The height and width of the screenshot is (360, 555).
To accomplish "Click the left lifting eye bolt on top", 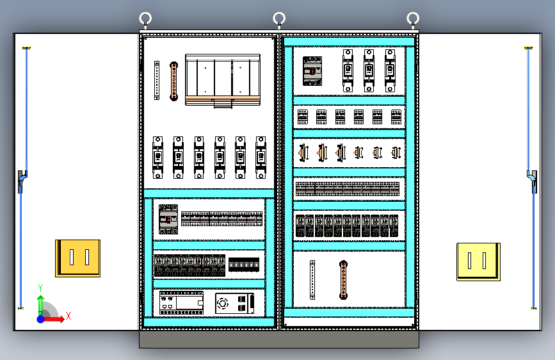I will click(x=146, y=19).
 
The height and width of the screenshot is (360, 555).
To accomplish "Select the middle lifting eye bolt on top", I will click(x=279, y=19).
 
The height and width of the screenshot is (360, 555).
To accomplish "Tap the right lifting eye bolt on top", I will click(x=413, y=19).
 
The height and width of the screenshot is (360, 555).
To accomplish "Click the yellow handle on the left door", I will click(x=77, y=258).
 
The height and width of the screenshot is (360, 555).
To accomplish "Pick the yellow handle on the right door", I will click(x=478, y=261).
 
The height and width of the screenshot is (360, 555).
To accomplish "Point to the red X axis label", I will click(x=68, y=316).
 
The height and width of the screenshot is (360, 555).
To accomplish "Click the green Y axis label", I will click(x=40, y=288).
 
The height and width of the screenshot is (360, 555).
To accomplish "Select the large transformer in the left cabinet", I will click(x=223, y=79).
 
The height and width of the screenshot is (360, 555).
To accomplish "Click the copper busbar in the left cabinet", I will click(x=173, y=81).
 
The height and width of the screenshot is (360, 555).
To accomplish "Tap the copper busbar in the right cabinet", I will click(x=343, y=280).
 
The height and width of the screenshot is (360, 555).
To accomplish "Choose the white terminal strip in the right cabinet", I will click(x=312, y=280).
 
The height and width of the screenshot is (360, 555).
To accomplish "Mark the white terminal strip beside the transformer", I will click(x=156, y=81).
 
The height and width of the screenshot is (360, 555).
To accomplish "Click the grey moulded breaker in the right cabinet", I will click(x=312, y=70).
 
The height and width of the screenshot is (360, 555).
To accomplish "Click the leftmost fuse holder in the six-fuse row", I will click(x=157, y=157).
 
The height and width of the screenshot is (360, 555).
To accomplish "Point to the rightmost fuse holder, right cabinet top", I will click(x=390, y=70).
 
